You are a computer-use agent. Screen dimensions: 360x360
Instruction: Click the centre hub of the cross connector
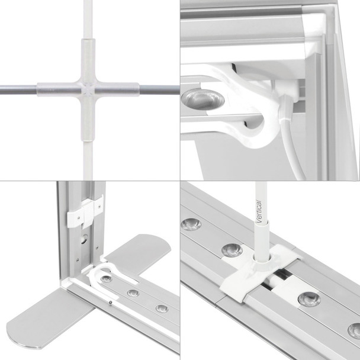point(88,89)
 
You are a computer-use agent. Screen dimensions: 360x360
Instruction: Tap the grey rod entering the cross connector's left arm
point(18,90)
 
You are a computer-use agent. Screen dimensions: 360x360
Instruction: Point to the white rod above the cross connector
point(88,20)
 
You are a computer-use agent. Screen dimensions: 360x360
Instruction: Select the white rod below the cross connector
point(88,160)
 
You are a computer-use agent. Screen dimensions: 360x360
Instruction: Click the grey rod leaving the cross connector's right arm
point(159,90)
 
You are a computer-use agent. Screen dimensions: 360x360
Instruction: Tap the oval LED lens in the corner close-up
point(202,99)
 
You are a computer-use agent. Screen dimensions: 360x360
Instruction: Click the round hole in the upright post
point(85,239)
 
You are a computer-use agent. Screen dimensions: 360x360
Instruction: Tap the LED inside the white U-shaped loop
point(107,279)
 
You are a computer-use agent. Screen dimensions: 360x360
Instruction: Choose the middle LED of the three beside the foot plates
point(133,293)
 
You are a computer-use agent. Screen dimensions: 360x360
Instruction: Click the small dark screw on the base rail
point(111,303)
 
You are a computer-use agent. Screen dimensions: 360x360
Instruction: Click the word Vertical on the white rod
point(259,211)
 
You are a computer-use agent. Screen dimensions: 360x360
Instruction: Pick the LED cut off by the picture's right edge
point(354,330)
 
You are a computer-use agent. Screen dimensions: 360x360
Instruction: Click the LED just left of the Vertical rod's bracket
point(232,250)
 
